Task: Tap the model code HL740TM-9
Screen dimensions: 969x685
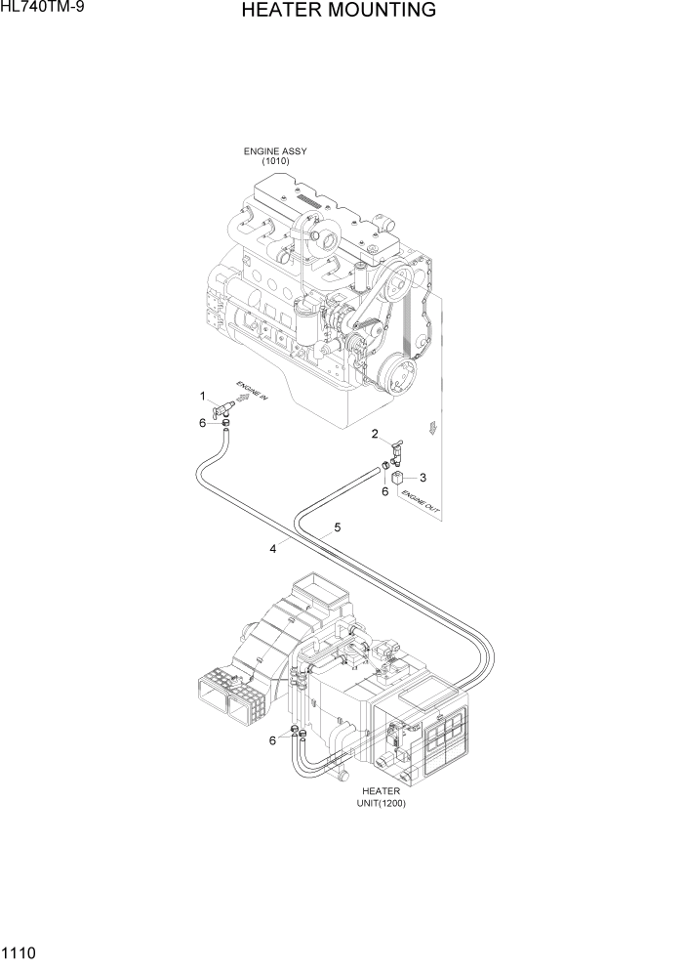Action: pos(42,9)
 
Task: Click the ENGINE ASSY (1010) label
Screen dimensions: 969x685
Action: pos(274,156)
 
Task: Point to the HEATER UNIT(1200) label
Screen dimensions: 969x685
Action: pos(382,797)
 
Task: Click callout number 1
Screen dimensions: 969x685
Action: pos(203,396)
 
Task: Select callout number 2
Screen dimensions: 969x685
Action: pos(375,433)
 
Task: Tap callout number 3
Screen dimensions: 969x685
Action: pos(423,478)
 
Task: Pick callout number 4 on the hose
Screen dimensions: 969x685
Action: pos(273,549)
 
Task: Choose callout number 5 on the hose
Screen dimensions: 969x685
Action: pos(337,527)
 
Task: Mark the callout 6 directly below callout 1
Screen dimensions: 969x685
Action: pos(202,423)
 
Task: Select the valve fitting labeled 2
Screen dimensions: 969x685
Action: pos(395,450)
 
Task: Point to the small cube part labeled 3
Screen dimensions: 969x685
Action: pos(399,478)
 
